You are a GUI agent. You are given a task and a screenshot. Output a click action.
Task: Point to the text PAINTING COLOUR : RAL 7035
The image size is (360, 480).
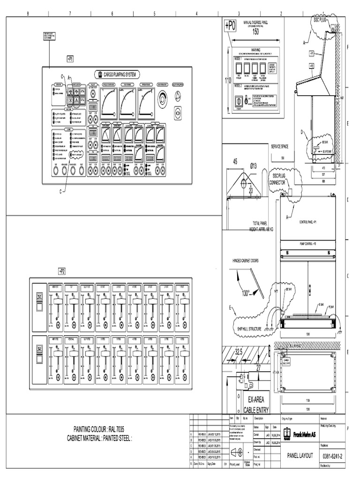point(99,429)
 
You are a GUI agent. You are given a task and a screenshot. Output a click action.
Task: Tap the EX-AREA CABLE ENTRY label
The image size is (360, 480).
point(256,405)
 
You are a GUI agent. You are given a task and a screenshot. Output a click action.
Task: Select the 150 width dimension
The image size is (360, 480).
point(255,32)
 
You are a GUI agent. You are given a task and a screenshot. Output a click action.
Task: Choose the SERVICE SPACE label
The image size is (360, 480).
point(280,147)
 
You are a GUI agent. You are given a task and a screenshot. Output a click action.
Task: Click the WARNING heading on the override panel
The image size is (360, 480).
point(255,50)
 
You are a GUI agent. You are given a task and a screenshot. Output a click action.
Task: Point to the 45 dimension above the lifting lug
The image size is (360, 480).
point(234,162)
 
